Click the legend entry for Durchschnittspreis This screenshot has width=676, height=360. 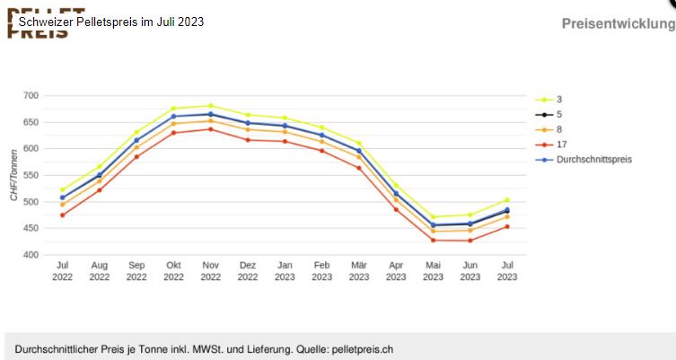coord(593,160)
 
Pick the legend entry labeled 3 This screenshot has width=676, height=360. coord(559,99)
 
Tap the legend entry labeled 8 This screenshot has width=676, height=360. coord(559,129)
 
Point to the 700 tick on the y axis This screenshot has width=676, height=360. coord(31,95)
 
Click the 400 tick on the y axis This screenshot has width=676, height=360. coord(31,255)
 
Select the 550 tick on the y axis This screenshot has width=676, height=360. coord(31,175)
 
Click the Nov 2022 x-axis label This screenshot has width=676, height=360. coord(210,271)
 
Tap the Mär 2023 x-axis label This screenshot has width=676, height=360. coord(359,271)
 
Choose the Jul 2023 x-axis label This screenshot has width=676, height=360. coord(507,271)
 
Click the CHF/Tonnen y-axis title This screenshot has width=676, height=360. coord(13,175)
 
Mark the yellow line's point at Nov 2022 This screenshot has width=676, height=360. coord(210,106)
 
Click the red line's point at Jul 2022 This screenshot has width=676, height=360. coord(62,215)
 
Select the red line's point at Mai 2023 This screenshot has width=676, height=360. coord(433,240)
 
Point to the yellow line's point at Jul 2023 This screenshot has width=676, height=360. coord(507,200)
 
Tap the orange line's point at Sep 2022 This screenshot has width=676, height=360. coord(136,147)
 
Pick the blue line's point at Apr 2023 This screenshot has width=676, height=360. coord(396,193)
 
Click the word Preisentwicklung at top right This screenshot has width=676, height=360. coord(618,23)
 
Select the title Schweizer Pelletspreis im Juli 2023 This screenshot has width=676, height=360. coord(111,21)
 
